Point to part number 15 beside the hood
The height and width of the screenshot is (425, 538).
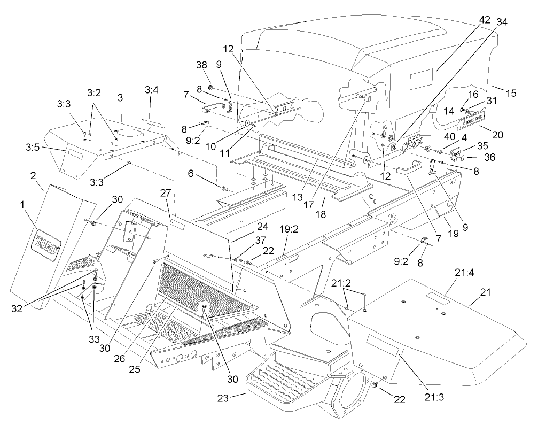point(511,93)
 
